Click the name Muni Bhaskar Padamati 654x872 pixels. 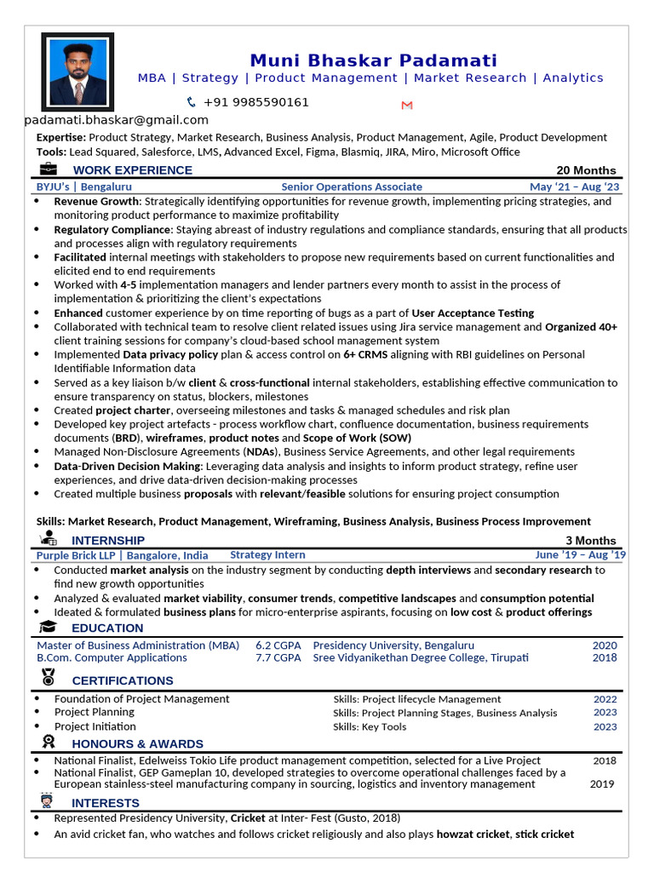pyautogui.click(x=373, y=60)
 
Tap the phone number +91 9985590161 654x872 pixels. pyautogui.click(x=256, y=102)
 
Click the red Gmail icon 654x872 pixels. pyautogui.click(x=407, y=105)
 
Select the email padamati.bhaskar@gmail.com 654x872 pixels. pyautogui.click(x=117, y=120)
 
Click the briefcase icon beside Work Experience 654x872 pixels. pyautogui.click(x=49, y=169)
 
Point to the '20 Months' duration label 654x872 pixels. pyautogui.click(x=586, y=170)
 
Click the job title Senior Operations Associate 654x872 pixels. pyautogui.click(x=351, y=186)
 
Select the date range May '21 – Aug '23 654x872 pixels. pyautogui.click(x=575, y=186)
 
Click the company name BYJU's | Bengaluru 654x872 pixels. pyautogui.click(x=83, y=186)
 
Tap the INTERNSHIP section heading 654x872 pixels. pyautogui.click(x=108, y=541)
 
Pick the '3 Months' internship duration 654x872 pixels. pyautogui.click(x=590, y=541)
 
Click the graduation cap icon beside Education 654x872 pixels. pyautogui.click(x=49, y=628)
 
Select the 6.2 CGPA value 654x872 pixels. pyautogui.click(x=278, y=645)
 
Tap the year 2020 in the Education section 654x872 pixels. pyautogui.click(x=605, y=645)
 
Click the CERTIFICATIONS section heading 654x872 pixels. pyautogui.click(x=123, y=680)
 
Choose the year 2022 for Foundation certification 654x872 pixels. pyautogui.click(x=605, y=699)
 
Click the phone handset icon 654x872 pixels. pyautogui.click(x=191, y=102)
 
